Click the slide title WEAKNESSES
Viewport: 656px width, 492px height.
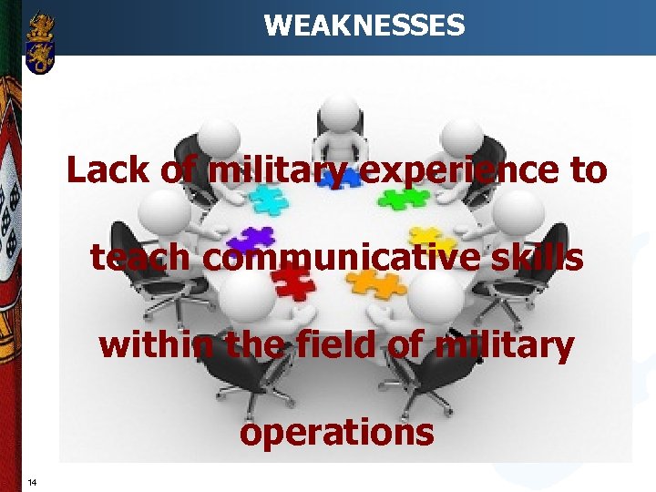click(x=364, y=25)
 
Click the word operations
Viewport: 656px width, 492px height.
click(x=336, y=432)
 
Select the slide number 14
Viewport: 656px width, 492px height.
click(x=32, y=482)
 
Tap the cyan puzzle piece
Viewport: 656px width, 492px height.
click(x=269, y=198)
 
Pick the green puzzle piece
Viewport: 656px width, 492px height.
click(x=404, y=196)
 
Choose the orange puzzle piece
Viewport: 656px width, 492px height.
click(x=377, y=283)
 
